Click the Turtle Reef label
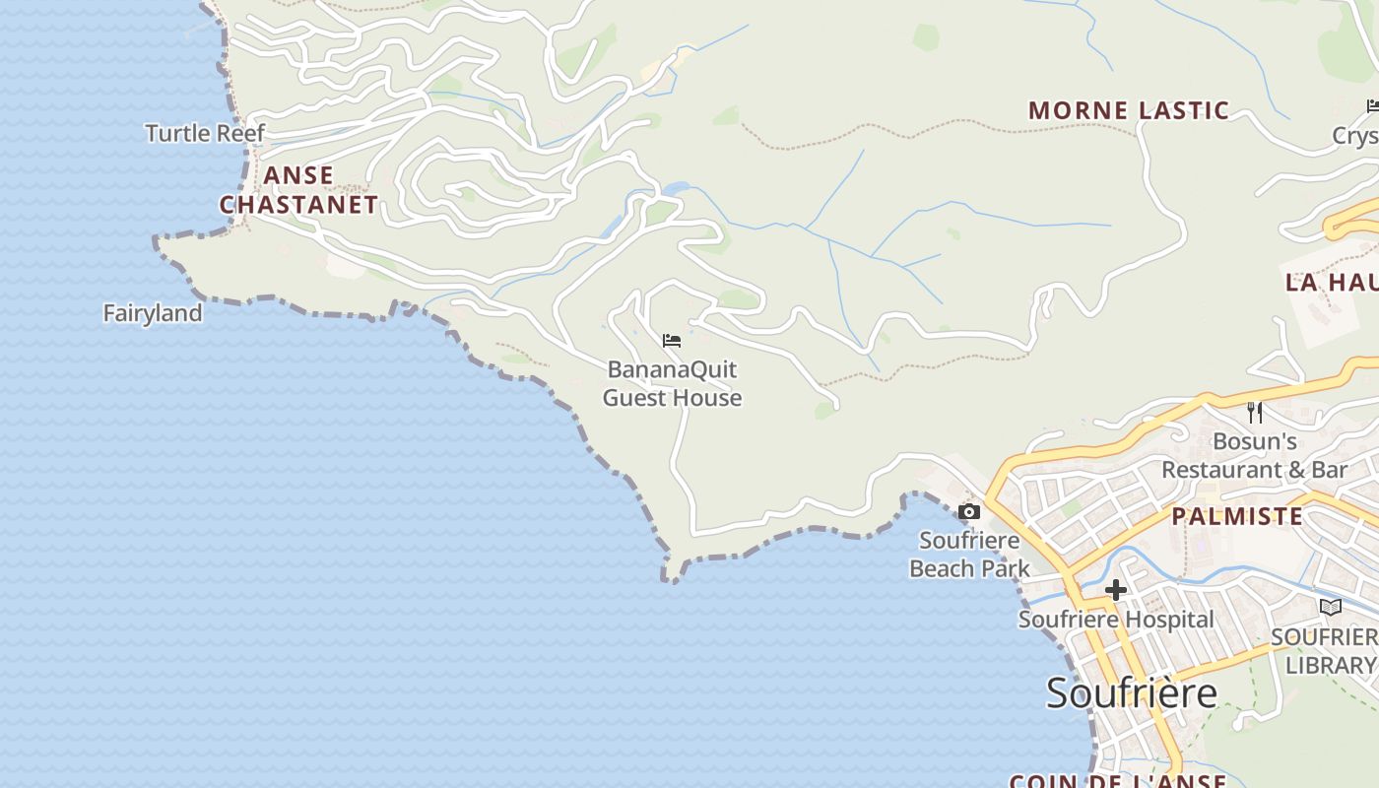(x=205, y=133)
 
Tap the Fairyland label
(x=153, y=313)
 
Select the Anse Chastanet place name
(x=298, y=190)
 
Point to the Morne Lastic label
(x=1129, y=110)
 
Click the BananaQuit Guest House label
(x=672, y=384)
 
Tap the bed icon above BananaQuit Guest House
(x=672, y=341)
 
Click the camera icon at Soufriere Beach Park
(x=969, y=511)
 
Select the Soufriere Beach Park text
(x=969, y=555)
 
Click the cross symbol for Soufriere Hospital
(x=1115, y=590)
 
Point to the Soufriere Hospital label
(x=1116, y=620)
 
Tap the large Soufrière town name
(x=1132, y=692)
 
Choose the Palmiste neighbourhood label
(x=1236, y=516)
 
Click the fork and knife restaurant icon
(x=1255, y=412)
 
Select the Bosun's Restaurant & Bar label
(x=1254, y=455)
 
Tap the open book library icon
(x=1331, y=607)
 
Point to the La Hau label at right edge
(x=1331, y=283)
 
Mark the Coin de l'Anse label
(x=1118, y=781)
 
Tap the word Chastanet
(x=298, y=205)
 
